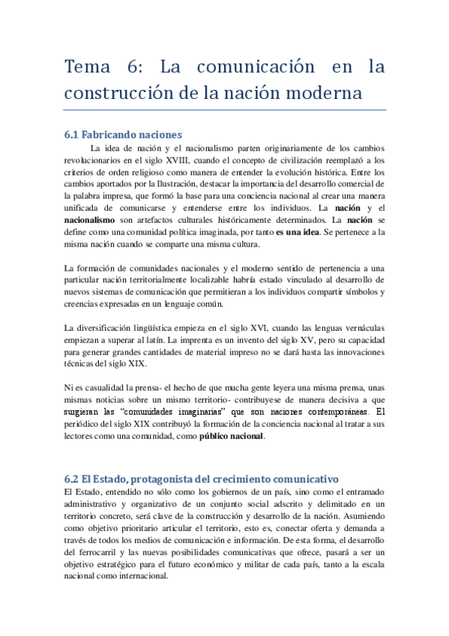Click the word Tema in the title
pyautogui.click(x=87, y=67)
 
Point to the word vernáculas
pyautogui.click(x=361, y=328)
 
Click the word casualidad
pyautogui.click(x=107, y=388)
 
